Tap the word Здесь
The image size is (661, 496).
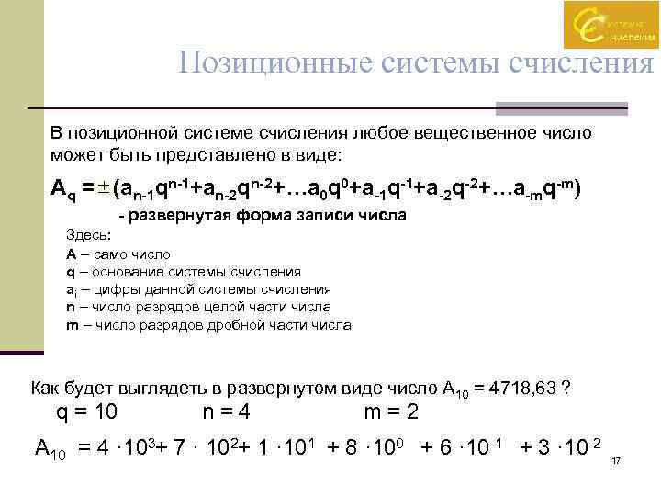tap(88, 236)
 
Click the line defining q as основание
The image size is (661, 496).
tap(184, 272)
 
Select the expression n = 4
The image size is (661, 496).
tap(227, 411)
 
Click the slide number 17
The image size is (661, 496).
tap(617, 460)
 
